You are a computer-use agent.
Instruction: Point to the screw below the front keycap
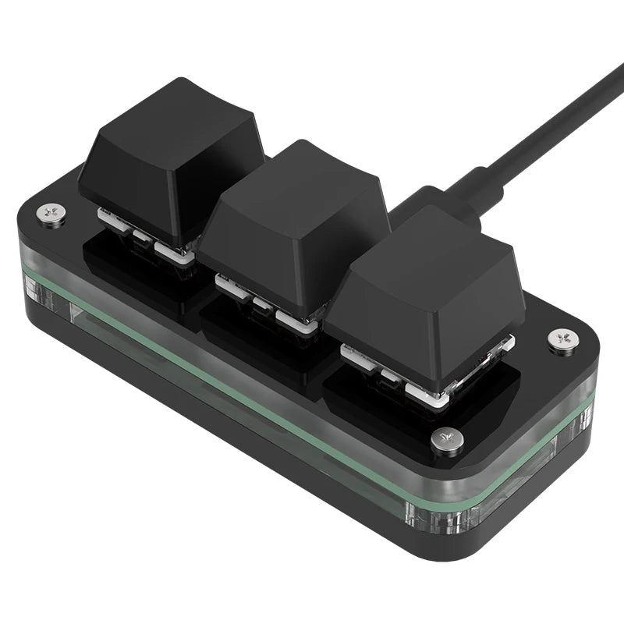(447, 439)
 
